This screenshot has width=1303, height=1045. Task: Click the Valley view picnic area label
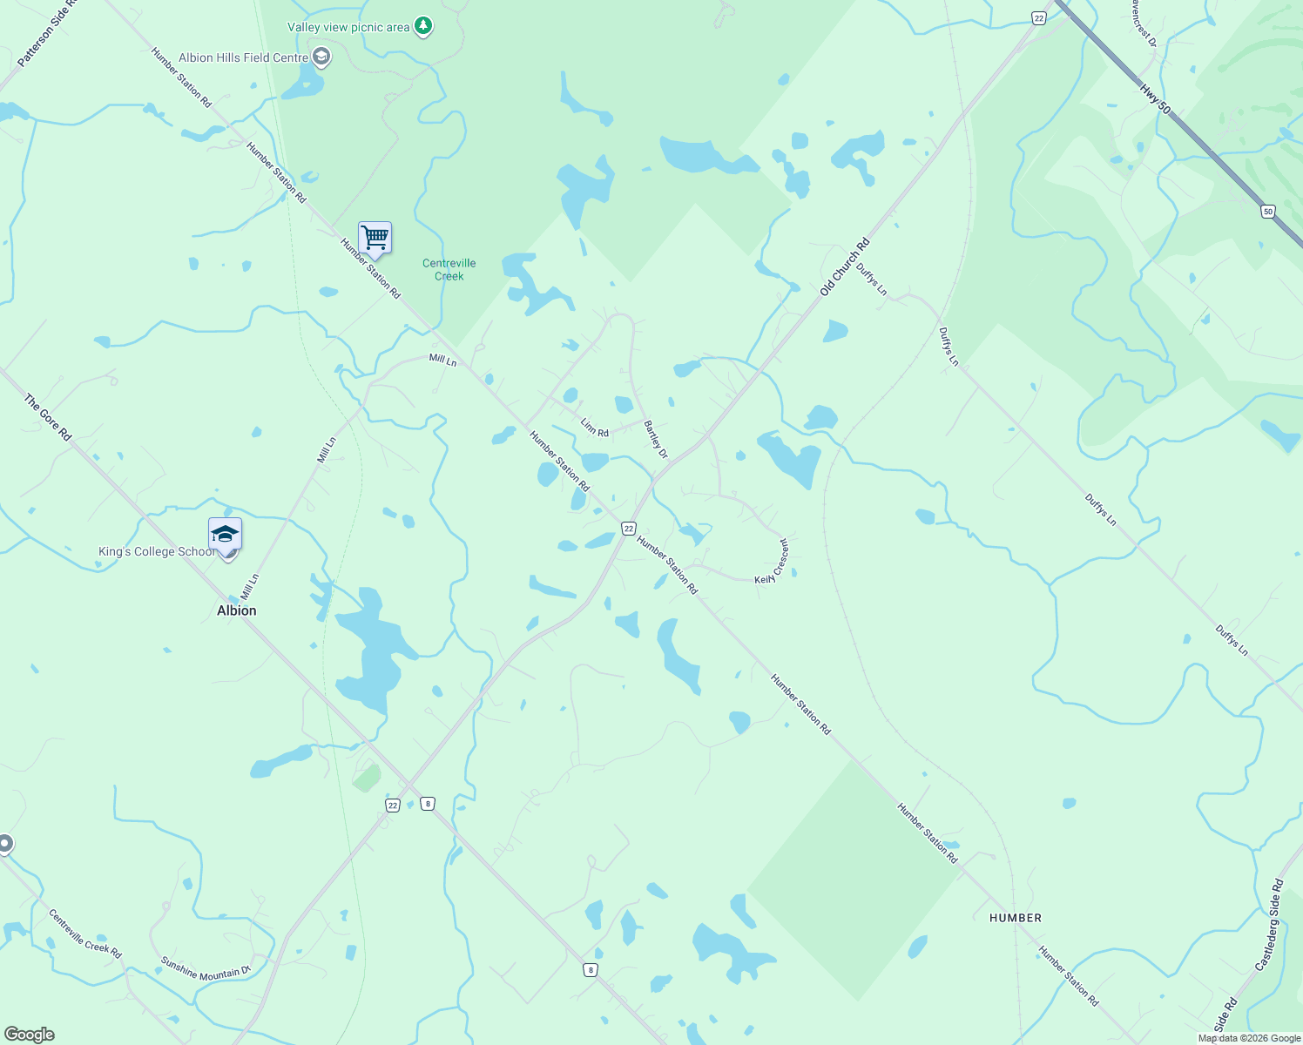[348, 28]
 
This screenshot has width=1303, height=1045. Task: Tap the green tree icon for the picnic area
[423, 26]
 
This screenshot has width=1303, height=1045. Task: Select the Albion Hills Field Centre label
[243, 58]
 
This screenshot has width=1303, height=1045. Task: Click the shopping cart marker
[375, 237]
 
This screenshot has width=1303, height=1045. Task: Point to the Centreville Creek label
[449, 270]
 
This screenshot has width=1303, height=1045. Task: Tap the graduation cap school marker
[225, 534]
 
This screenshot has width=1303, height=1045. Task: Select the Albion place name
[237, 610]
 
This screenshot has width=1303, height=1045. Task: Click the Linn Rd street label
[595, 428]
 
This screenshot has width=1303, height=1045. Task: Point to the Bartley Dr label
[656, 440]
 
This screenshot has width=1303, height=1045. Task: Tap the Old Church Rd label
[845, 267]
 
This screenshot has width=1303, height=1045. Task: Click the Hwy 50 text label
[1155, 97]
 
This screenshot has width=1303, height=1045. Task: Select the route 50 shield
[1268, 212]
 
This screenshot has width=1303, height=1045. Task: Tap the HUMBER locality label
[1016, 918]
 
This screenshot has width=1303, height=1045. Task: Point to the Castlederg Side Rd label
[1269, 926]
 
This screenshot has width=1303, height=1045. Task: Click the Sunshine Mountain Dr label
[206, 968]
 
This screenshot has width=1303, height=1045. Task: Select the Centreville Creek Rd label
[84, 934]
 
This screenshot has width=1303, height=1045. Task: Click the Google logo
[30, 1035]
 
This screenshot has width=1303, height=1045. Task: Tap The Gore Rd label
[48, 417]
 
